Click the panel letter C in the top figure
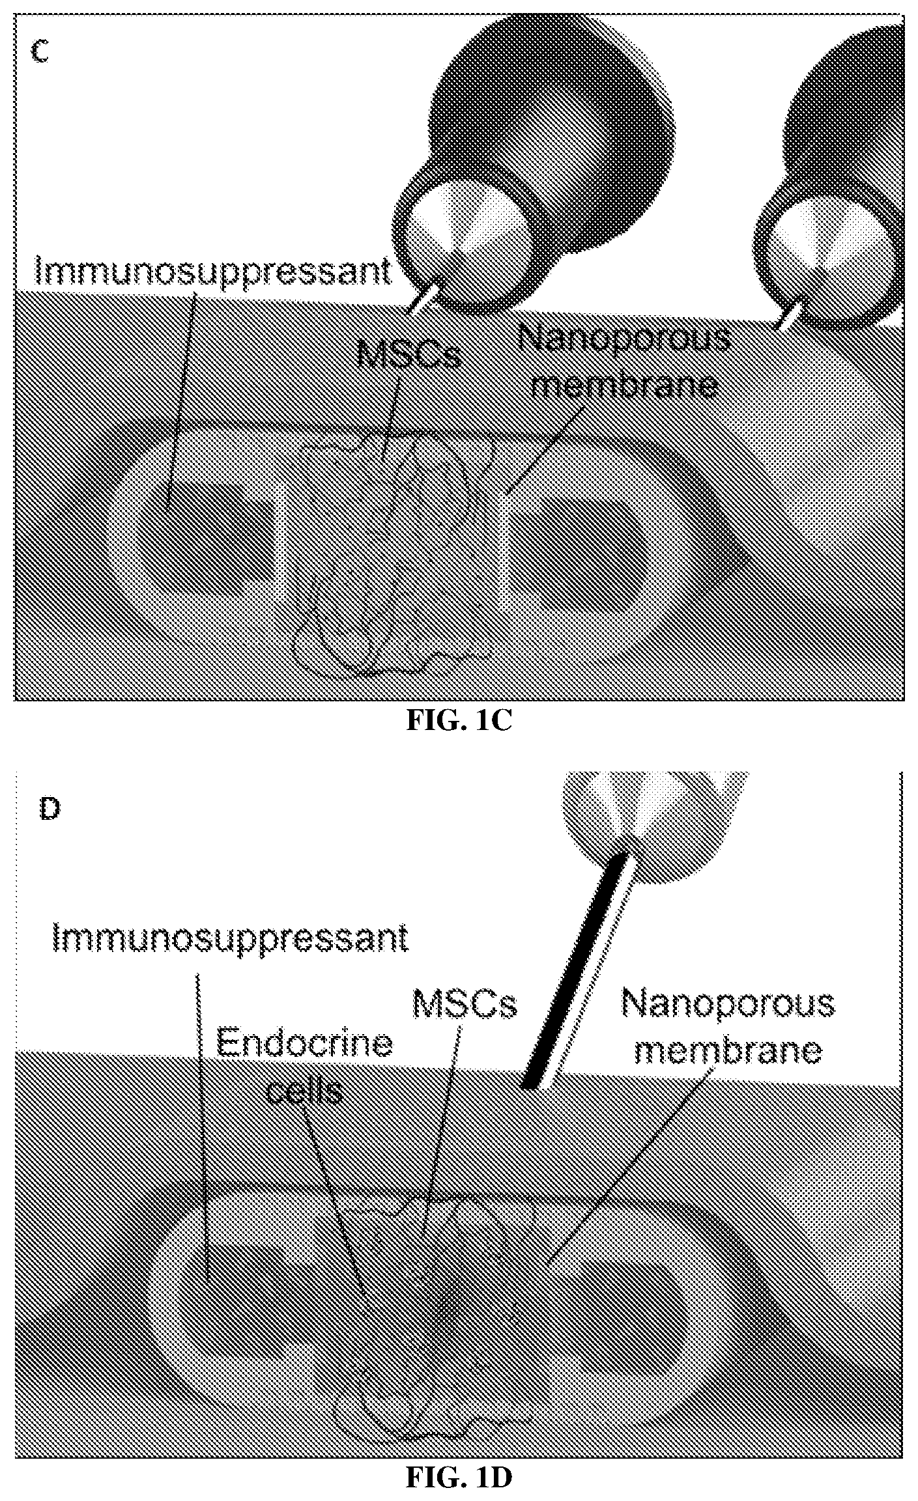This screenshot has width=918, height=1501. click(40, 51)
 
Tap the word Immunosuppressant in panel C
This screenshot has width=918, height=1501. click(213, 272)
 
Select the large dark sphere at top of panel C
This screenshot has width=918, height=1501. click(554, 130)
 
